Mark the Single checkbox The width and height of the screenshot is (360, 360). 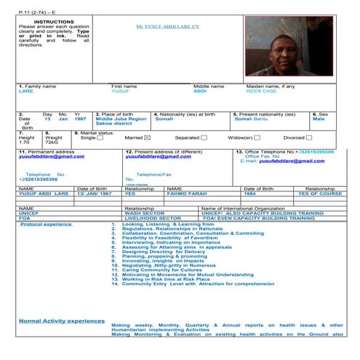pos(100,137)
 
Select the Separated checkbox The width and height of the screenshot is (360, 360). pos(204,137)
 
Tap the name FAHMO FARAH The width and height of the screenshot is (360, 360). pos(187,194)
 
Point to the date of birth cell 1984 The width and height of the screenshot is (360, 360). pos(249,194)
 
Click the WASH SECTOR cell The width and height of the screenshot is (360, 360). pos(143,213)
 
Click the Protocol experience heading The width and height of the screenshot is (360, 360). pos(46,225)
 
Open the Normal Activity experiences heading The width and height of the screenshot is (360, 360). pos(61,320)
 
